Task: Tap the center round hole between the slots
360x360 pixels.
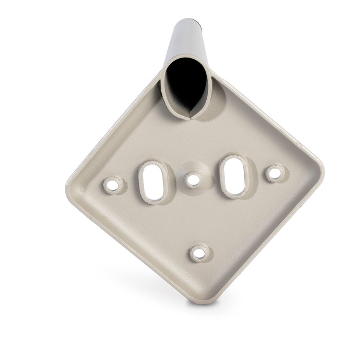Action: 193,179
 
